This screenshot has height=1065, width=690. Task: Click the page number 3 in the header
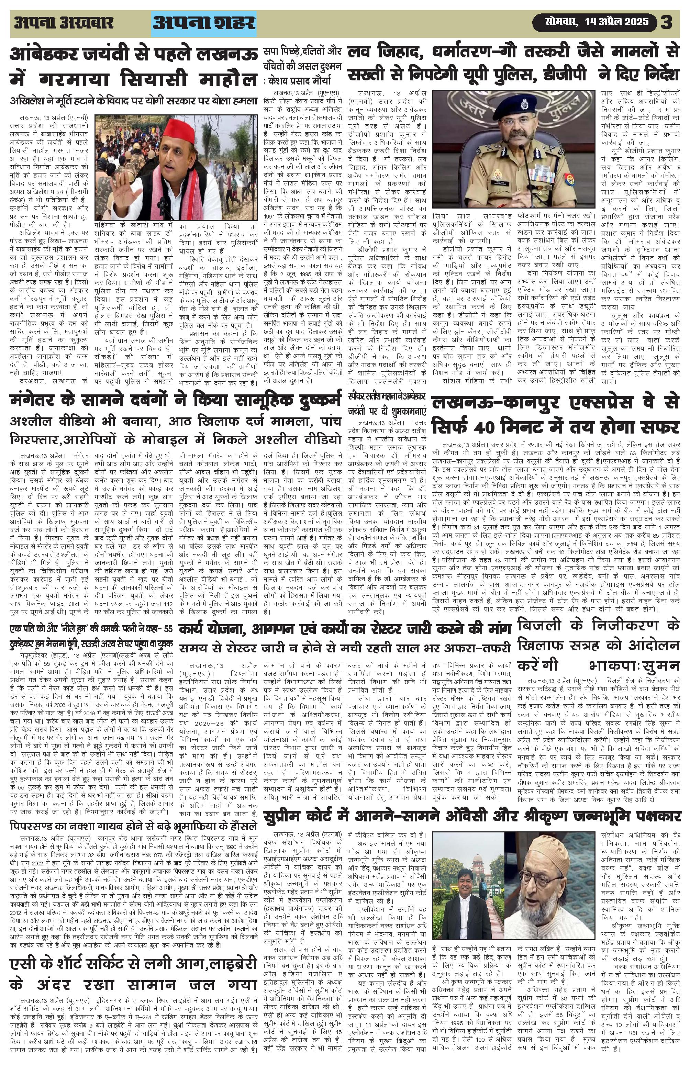click(x=667, y=22)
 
